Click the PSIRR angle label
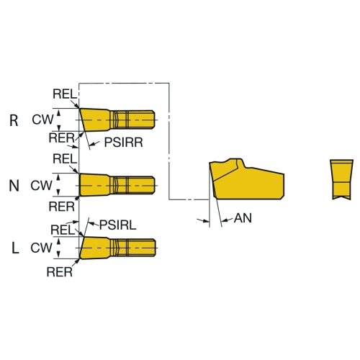pos(123,143)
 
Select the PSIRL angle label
pos(117,225)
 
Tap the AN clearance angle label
pos(243,218)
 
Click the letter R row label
pos(14,120)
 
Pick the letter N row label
pos(14,186)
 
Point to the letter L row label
pos(15,248)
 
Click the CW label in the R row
pos(42,120)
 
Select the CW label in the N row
pos(41,185)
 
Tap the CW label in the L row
pos(41,248)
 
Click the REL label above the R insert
pos(65,94)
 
